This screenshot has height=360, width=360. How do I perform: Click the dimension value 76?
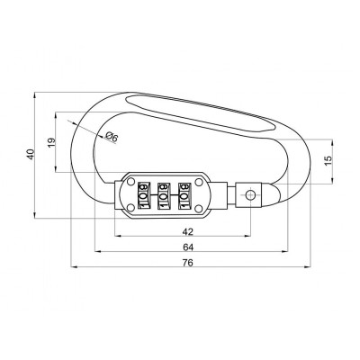point(186,262)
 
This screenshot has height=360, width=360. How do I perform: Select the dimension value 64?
point(186,246)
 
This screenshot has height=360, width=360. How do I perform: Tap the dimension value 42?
point(186,229)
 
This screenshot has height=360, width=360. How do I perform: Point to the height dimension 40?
point(30,154)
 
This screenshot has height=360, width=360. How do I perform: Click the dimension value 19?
point(50,141)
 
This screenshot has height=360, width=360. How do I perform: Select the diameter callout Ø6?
point(112,137)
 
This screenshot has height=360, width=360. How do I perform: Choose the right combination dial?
point(184,194)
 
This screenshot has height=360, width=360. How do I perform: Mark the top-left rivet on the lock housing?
point(130,181)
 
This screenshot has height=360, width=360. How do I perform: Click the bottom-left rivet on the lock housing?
point(130,209)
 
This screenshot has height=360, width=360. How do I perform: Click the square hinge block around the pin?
point(251,194)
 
